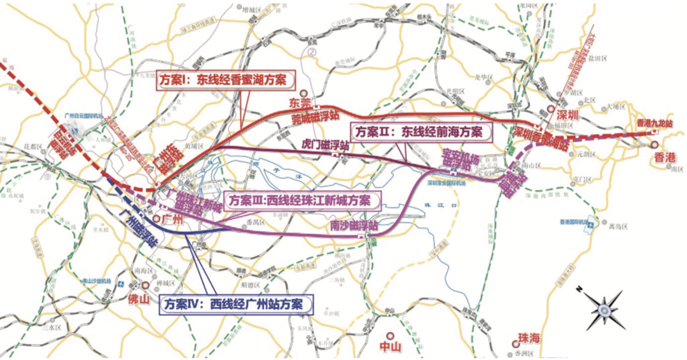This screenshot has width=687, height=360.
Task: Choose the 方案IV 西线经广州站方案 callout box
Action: pyautogui.click(x=237, y=304)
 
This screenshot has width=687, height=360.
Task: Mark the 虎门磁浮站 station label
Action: pyautogui.click(x=326, y=145)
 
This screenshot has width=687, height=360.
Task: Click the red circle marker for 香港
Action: pyautogui.click(x=655, y=146)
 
